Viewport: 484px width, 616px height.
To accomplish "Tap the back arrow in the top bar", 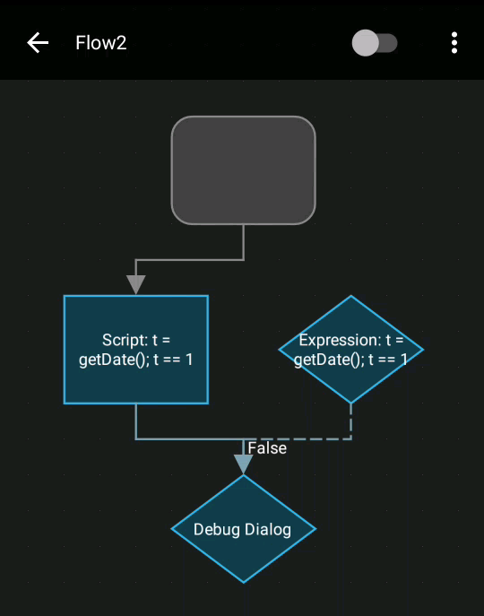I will tap(37, 42).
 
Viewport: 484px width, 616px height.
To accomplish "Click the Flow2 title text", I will tap(100, 43).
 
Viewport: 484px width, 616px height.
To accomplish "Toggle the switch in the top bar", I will tap(375, 43).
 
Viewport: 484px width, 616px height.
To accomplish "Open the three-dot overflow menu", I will tap(454, 43).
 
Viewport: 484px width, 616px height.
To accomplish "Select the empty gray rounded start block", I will tap(243, 169).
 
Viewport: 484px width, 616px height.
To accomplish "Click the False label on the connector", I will tap(267, 447).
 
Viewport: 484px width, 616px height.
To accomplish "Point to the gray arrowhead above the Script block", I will tap(135, 284).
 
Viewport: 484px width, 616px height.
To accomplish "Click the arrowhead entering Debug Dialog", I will tap(243, 464).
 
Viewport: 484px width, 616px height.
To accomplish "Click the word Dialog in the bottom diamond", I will tap(268, 529).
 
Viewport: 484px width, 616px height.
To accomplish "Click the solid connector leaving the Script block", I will tap(179, 438).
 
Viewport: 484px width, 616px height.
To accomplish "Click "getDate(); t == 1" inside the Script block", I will tap(135, 360).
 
